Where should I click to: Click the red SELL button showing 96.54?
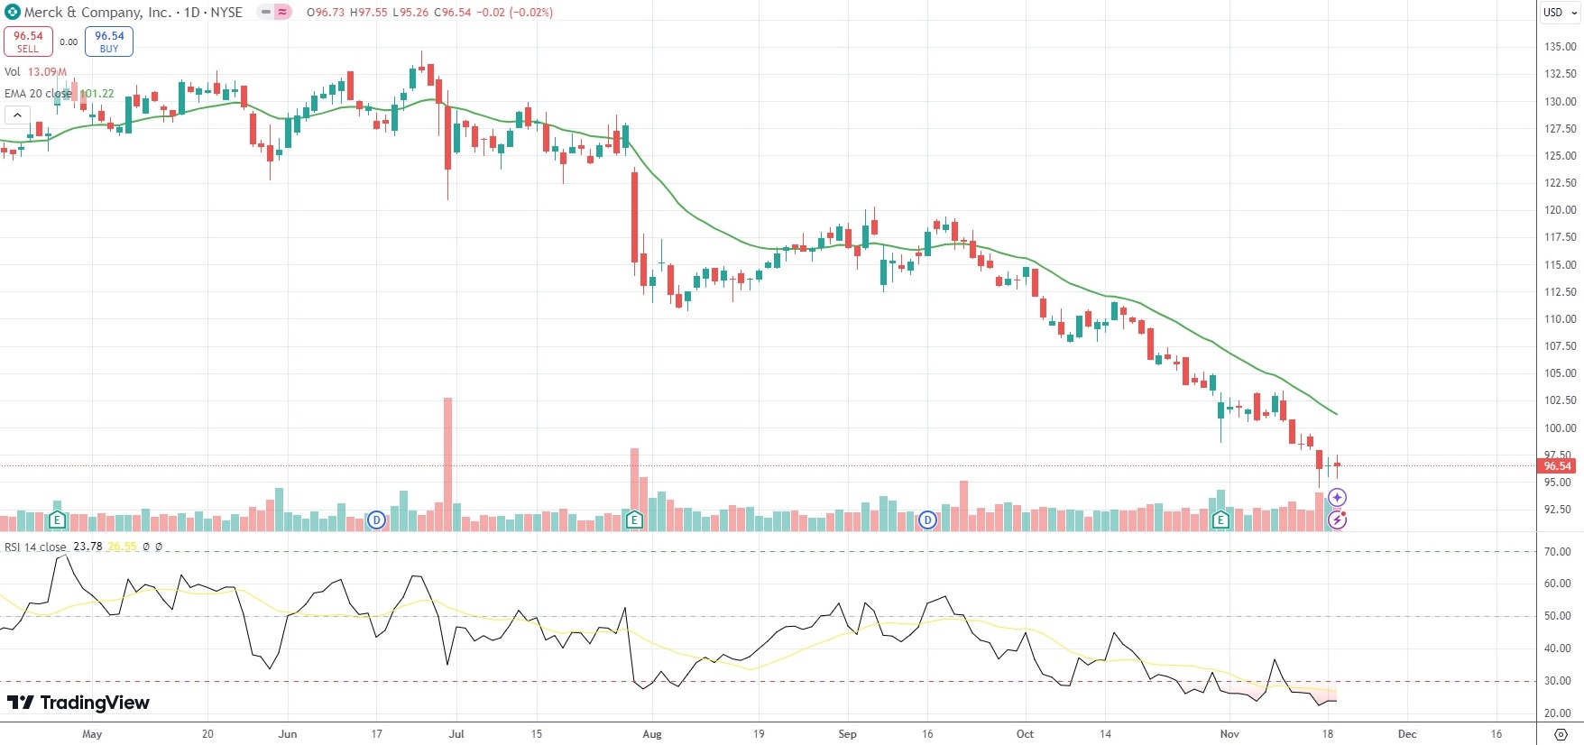click(28, 41)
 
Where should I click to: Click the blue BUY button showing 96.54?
click(109, 41)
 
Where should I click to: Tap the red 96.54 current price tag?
click(1558, 466)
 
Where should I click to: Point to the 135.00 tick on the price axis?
click(1560, 47)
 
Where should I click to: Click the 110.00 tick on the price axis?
click(1560, 319)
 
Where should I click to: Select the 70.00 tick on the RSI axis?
click(1558, 552)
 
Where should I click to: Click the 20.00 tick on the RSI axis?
click(1558, 713)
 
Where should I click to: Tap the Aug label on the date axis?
click(652, 734)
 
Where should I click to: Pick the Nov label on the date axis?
click(1229, 734)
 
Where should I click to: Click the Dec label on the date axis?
click(1407, 734)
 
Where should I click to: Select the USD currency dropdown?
click(1560, 13)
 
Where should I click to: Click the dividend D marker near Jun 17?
click(377, 520)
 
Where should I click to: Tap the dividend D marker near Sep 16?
click(927, 520)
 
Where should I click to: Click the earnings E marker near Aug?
click(634, 520)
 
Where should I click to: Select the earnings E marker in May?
click(57, 520)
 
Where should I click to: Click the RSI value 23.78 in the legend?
click(87, 547)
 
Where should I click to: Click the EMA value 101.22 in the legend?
click(97, 94)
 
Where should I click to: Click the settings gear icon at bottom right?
click(1561, 734)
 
